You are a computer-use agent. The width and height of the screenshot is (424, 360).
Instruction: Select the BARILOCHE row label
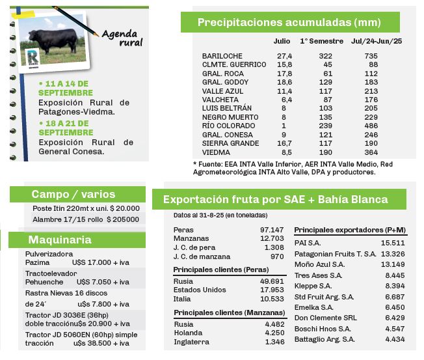click(x=222, y=56)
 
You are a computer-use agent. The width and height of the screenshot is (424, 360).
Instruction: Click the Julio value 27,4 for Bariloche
click(x=285, y=56)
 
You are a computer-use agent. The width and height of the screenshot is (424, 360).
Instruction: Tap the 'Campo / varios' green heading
click(x=73, y=194)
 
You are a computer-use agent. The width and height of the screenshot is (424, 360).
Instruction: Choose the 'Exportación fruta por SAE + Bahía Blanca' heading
click(x=275, y=199)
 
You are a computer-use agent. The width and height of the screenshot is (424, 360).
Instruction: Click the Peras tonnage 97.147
click(x=272, y=230)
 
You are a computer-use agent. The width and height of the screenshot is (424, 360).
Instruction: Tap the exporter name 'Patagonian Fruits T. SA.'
click(x=336, y=253)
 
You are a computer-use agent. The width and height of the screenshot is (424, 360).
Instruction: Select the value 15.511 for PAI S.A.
click(x=393, y=243)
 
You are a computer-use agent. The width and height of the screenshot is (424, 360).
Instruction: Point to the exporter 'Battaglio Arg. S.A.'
click(x=325, y=339)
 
